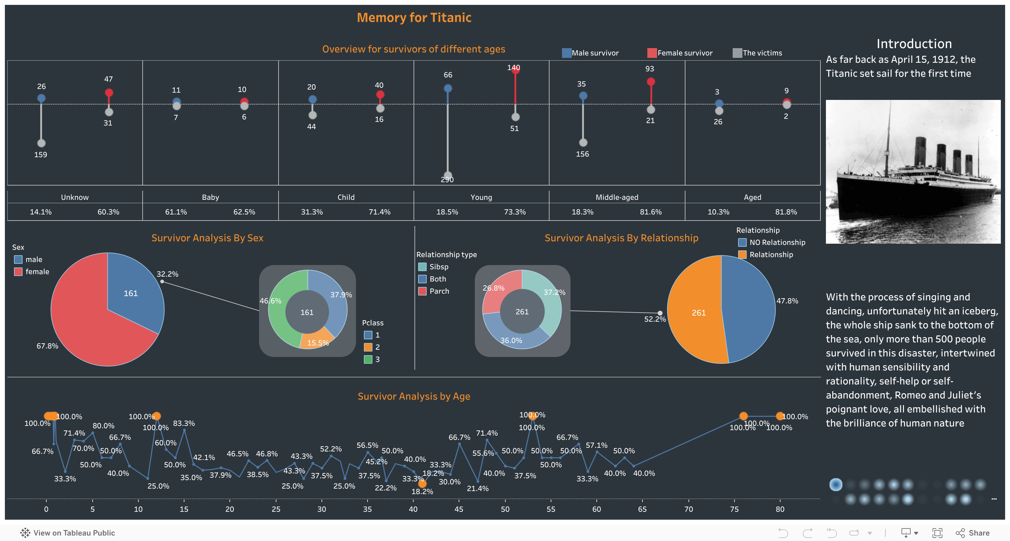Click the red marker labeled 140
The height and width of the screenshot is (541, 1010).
point(515,70)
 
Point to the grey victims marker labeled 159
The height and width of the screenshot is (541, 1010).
point(41,143)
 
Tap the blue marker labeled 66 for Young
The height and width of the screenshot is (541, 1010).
point(448,88)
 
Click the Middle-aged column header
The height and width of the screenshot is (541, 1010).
point(617,197)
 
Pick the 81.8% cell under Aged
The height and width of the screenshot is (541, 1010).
point(786,212)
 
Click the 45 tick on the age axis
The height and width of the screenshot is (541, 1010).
point(459,509)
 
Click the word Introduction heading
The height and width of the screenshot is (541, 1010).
point(914,44)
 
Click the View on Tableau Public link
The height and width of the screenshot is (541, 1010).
point(74,533)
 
